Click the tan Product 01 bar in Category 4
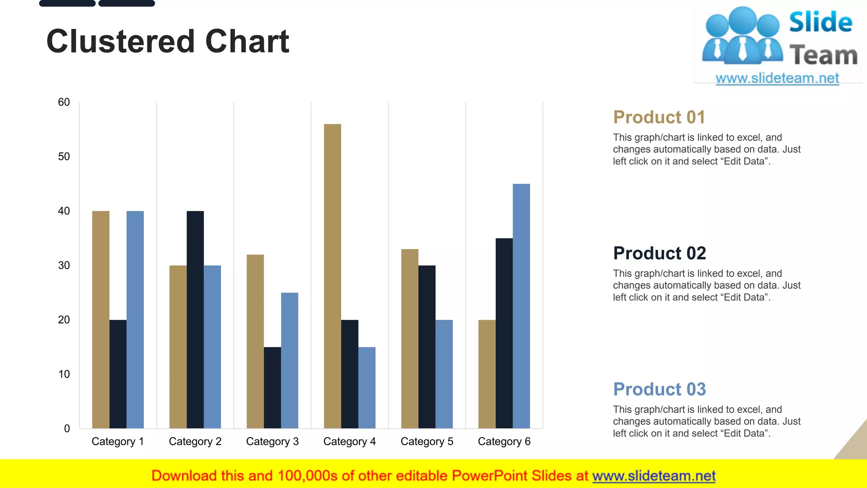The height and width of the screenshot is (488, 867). (332, 275)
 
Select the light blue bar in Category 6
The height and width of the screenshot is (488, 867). (521, 305)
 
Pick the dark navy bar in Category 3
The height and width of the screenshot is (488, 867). (272, 388)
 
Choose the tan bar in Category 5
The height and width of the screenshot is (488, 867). (410, 339)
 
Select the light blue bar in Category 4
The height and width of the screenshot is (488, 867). (367, 388)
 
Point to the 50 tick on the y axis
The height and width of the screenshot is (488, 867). (64, 157)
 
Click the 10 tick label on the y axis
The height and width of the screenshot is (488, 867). (64, 374)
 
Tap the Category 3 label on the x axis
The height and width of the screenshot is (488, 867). (272, 441)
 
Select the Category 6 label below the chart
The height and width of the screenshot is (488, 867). (504, 441)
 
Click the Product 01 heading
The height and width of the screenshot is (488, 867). (659, 117)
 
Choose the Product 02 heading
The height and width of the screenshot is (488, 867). (659, 253)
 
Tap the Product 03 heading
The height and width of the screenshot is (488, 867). (659, 389)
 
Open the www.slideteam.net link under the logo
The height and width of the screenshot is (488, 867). (777, 78)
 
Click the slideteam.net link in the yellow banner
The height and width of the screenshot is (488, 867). (654, 476)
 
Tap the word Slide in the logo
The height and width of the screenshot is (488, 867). (820, 22)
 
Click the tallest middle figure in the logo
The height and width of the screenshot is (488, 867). (743, 36)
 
